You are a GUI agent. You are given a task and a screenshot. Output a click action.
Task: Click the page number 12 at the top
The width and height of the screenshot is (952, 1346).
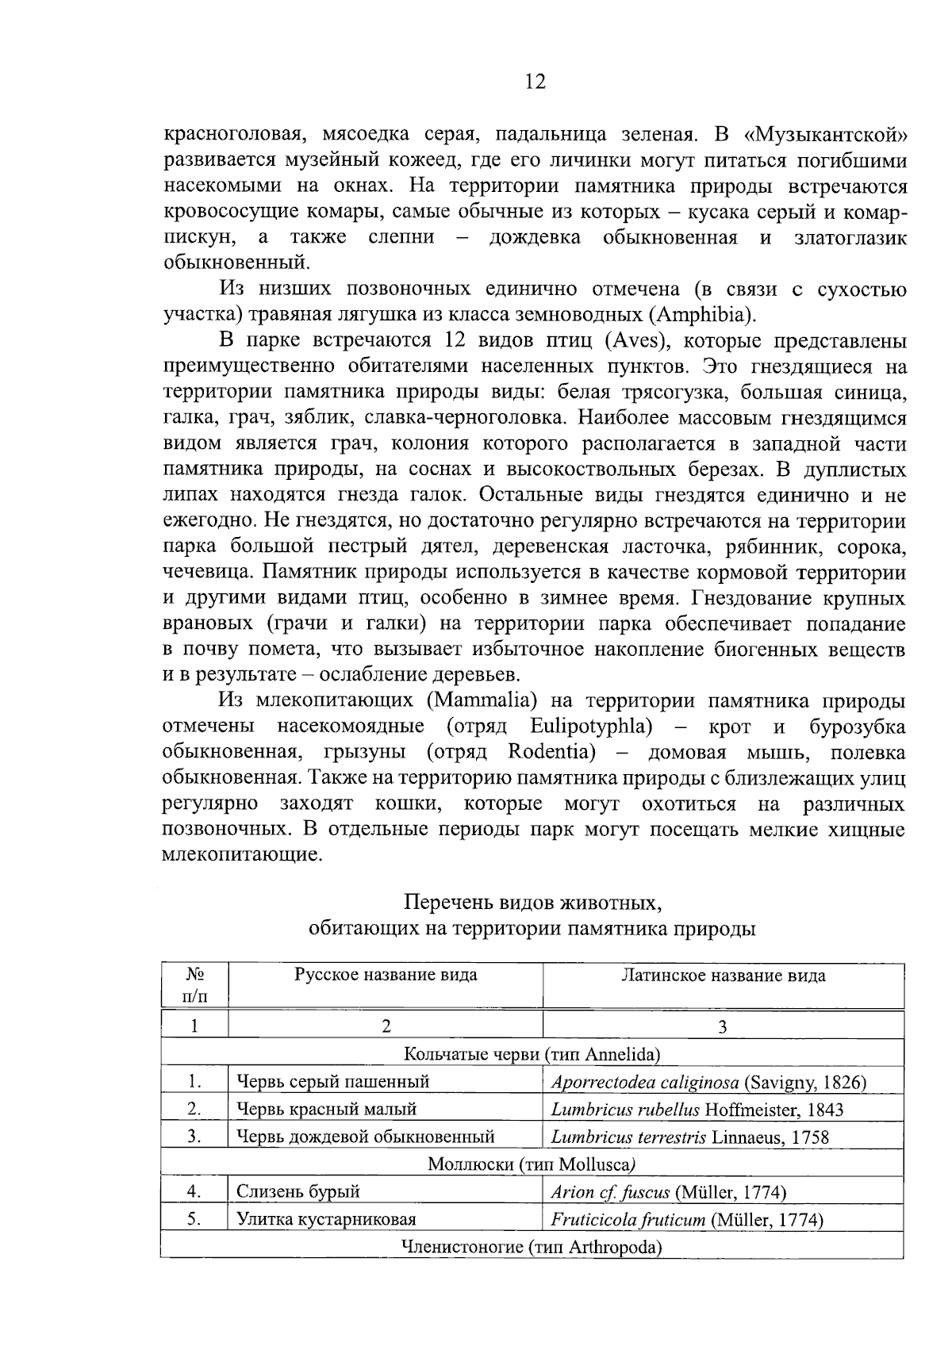pos(535,82)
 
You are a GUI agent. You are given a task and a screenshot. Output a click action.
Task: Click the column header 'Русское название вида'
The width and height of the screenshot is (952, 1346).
pos(386,975)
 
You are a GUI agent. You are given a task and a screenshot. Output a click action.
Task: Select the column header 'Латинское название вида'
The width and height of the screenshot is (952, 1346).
pos(723,975)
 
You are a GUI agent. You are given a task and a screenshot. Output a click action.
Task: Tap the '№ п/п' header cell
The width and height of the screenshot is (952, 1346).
pos(194,984)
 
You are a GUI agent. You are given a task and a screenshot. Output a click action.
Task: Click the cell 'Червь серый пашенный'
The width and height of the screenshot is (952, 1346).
pos(333,1081)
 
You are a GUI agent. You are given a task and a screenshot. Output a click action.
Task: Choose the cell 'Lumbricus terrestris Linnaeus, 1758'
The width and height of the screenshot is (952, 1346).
pos(690,1137)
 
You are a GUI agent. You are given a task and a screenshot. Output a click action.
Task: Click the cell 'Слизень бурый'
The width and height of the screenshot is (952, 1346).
pos(298,1191)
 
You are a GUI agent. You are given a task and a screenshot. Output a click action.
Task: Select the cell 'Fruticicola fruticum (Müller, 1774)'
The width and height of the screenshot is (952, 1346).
pos(687,1219)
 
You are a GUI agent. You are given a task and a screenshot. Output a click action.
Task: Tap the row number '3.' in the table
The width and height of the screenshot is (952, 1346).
pos(194,1137)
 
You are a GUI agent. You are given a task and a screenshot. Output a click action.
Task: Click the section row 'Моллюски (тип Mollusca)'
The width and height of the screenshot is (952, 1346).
pos(532,1164)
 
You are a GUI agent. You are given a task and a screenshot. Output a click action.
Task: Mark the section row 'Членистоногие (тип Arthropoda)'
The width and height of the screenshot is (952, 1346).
pos(532,1246)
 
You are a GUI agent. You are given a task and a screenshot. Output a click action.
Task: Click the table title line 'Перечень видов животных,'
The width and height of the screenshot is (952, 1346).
pos(532,903)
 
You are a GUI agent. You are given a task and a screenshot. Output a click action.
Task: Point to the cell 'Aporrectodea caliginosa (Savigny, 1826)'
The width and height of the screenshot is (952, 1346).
pos(708,1081)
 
